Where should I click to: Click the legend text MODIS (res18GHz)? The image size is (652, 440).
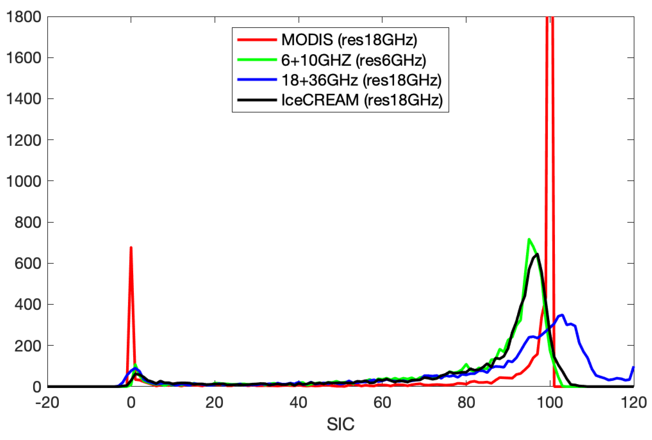[x=349, y=40]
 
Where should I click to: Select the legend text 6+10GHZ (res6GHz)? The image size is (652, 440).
[x=353, y=60]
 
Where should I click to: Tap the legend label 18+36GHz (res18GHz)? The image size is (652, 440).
[x=361, y=80]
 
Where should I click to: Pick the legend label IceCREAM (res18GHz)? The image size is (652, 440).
[x=362, y=100]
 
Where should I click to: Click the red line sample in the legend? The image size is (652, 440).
[x=257, y=40]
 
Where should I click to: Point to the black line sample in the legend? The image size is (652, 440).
[x=257, y=100]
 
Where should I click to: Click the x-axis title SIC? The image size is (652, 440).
[x=341, y=424]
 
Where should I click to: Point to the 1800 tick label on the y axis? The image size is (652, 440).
[x=24, y=17]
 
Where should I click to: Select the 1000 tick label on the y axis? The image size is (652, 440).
[x=24, y=181]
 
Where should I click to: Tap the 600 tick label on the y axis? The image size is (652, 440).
[x=28, y=264]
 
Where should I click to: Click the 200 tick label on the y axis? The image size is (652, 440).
[x=28, y=346]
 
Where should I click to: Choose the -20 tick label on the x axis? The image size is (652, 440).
[x=47, y=403]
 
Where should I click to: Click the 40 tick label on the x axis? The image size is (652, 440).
[x=298, y=403]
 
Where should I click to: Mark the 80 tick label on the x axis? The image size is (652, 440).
[x=466, y=403]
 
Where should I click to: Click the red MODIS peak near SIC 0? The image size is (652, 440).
[x=131, y=248]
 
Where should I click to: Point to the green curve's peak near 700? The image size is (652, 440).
[x=529, y=239]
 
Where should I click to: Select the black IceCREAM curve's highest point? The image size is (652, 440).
[x=537, y=254]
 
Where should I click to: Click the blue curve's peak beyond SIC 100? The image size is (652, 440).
[x=562, y=315]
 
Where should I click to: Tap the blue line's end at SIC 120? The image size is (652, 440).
[x=634, y=367]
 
